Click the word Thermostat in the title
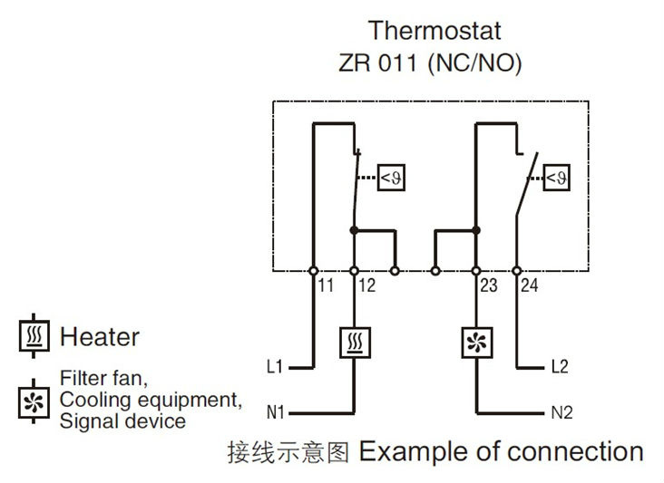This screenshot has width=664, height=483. tap(435, 31)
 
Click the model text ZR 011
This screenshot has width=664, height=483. tap(377, 63)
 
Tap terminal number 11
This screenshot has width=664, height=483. tap(326, 285)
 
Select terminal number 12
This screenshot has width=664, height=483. tap(366, 285)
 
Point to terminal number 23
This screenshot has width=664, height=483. tap(489, 285)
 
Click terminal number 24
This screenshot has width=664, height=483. tap(530, 285)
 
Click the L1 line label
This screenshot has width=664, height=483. tap(275, 366)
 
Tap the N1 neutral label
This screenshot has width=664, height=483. tap(275, 412)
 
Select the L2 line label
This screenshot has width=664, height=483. tap(560, 366)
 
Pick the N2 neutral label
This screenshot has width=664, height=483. tap(561, 412)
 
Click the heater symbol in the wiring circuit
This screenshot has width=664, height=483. tap(355, 343)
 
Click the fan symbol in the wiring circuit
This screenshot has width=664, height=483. tap(476, 343)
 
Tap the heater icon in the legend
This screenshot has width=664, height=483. tap(34, 336)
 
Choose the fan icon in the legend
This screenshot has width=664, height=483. tap(34, 401)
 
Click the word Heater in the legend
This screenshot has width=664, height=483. tap(100, 337)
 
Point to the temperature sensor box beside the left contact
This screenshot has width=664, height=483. tap(391, 178)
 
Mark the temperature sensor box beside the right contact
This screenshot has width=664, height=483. tap(556, 178)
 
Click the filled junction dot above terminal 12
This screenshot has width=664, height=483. tap(354, 230)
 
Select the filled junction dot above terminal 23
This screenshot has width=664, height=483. tap(476, 230)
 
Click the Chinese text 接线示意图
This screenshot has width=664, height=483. tap(288, 452)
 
